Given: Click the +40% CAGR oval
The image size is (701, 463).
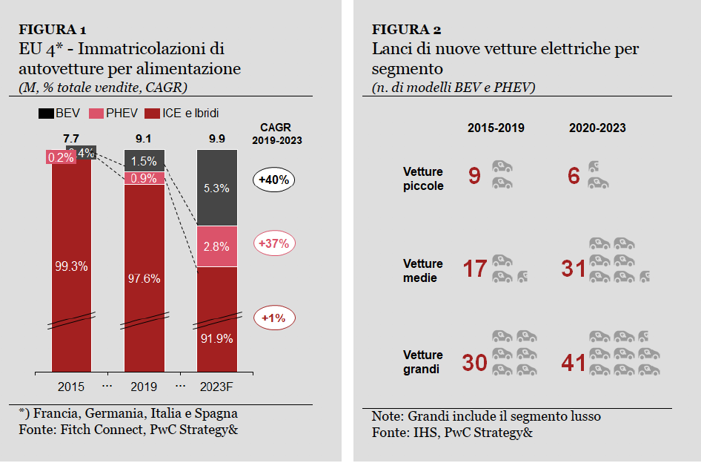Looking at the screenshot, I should click(274, 180).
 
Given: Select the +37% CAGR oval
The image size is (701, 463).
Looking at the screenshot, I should click(274, 243).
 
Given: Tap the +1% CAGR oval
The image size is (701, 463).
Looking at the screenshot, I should click(274, 318).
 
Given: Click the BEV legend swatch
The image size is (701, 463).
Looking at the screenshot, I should click(45, 114).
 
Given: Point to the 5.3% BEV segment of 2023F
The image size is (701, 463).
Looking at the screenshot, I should click(216, 188).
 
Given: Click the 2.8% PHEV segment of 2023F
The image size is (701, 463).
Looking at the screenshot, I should click(216, 246).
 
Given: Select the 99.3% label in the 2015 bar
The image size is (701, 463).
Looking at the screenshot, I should click(71, 266).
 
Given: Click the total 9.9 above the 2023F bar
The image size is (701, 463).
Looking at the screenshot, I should click(216, 139).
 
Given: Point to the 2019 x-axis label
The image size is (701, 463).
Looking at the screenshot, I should click(144, 387).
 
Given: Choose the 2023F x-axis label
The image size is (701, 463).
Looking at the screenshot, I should click(216, 387).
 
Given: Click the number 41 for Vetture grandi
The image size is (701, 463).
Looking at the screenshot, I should click(574, 363).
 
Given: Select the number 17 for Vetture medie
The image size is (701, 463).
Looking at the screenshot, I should click(474, 269).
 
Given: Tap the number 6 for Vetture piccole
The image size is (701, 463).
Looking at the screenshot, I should click(574, 176).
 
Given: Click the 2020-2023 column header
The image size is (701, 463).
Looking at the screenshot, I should click(597, 128).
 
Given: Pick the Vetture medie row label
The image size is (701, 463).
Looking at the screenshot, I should click(423, 271).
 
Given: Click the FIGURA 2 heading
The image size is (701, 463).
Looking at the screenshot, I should click(406, 30).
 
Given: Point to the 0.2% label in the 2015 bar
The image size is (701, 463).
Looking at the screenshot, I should click(59, 157).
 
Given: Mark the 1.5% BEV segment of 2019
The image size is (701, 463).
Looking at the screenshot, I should click(144, 161).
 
